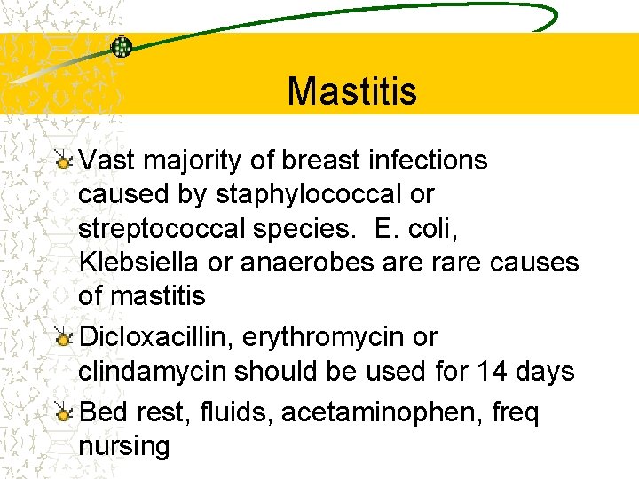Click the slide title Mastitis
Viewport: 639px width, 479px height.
click(x=351, y=90)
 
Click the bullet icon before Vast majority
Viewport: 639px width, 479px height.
click(x=63, y=161)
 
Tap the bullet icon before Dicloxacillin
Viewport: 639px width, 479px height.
click(x=63, y=338)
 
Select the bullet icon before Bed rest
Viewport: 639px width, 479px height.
click(x=63, y=413)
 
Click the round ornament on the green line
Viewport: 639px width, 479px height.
click(x=122, y=47)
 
